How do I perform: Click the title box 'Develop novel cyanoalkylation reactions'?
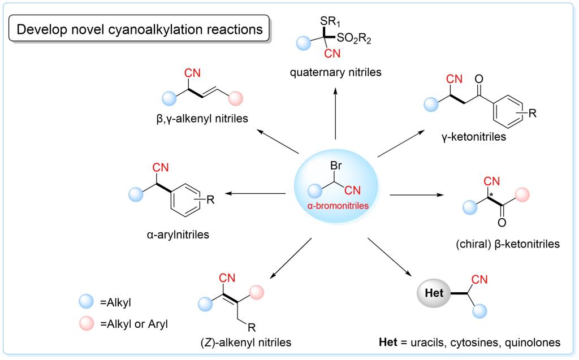pyautogui.click(x=140, y=29)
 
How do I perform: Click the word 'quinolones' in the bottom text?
pyautogui.click(x=531, y=342)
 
